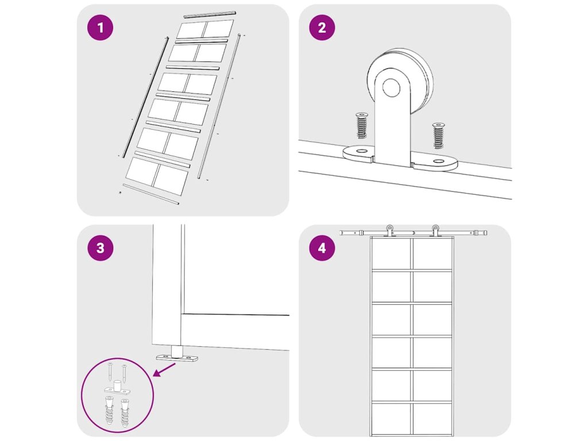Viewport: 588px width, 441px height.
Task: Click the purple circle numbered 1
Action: coord(100,28)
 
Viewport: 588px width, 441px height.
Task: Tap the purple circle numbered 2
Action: coord(322,28)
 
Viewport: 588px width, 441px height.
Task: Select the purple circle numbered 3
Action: coord(100,248)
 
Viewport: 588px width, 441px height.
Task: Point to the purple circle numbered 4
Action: coord(322,248)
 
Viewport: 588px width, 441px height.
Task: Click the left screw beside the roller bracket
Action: coord(362,125)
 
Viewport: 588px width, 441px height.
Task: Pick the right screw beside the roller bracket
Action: coord(438,135)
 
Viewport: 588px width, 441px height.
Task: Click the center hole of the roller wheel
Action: coord(391,87)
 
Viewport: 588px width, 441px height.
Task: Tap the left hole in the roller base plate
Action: coord(362,151)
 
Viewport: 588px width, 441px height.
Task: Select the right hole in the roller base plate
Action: coord(438,161)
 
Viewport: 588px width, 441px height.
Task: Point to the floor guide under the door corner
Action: coord(177,354)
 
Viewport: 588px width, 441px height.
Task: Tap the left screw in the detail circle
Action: coord(110,372)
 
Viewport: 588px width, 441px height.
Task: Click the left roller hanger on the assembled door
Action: coord(390,231)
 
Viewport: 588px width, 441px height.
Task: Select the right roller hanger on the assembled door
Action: coord(435,231)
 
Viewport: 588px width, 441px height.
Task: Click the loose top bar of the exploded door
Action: coord(210,14)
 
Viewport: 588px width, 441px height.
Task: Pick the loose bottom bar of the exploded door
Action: coord(151,194)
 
